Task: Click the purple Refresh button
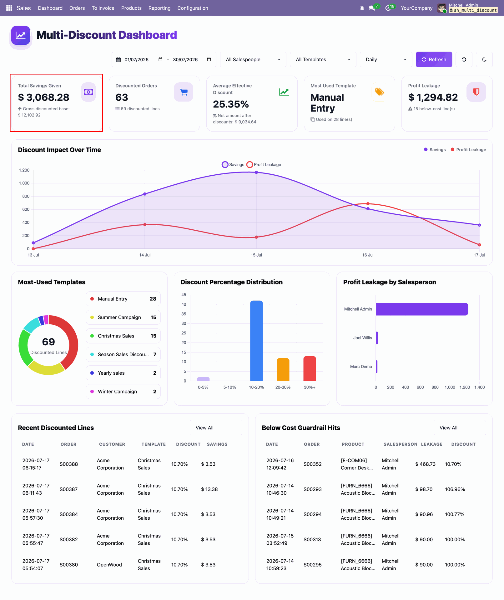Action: pos(434,59)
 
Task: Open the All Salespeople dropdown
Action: pos(253,59)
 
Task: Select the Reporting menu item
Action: pos(159,8)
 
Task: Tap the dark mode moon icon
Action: pos(484,59)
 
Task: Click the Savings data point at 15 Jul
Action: pos(256,172)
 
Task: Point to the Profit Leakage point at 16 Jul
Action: pos(368,204)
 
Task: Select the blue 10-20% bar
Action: pos(256,341)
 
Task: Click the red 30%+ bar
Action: pos(310,368)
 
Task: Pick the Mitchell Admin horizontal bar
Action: pos(422,309)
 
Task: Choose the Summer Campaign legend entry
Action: pos(123,317)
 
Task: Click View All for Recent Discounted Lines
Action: pos(216,427)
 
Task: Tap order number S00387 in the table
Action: pos(69,489)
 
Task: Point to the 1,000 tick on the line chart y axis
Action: pos(24,183)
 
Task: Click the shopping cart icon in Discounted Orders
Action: pos(184,92)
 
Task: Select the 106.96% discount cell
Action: pos(455,489)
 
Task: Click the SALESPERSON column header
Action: pos(400,444)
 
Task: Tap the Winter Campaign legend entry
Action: pos(123,392)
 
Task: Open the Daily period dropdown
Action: pos(386,59)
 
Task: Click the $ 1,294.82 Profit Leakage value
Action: pos(433,97)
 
